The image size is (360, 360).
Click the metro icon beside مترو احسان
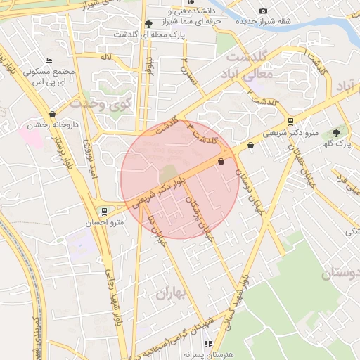coord(105,211)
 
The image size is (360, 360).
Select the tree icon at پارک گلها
coord(336,131)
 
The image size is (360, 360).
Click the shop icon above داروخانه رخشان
coord(52,114)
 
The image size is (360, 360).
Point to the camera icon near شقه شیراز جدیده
coord(263,11)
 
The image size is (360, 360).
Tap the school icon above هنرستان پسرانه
coord(207,344)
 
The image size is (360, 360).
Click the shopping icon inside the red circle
coord(221,162)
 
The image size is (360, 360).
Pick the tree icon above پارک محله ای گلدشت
coord(148,23)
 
